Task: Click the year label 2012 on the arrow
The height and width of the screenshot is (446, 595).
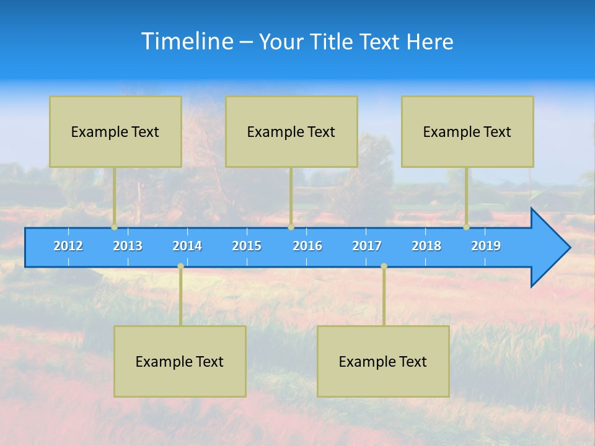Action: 68,246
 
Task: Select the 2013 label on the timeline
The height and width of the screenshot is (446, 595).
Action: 128,246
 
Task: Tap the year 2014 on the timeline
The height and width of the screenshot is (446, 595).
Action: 187,246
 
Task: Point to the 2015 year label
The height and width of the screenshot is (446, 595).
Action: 247,246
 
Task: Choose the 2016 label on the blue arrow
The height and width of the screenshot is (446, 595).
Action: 307,246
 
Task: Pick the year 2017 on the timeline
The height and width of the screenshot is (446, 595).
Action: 367,246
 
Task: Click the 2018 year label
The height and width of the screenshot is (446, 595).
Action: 426,246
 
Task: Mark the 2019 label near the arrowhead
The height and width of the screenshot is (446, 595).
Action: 486,246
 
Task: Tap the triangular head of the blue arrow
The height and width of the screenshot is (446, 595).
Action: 549,248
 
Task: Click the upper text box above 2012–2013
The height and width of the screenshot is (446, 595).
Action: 115,131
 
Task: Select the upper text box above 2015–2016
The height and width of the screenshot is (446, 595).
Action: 291,131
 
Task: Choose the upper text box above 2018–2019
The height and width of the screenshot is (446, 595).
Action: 467,131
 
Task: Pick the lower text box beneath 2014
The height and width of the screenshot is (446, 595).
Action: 180,361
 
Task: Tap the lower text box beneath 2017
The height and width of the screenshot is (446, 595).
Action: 383,361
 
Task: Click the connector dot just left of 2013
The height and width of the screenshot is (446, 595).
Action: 114,227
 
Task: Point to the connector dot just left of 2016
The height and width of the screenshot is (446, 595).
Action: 291,227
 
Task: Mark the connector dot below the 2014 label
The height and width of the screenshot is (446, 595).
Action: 180,266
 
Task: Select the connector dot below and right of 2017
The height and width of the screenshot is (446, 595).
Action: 384,266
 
